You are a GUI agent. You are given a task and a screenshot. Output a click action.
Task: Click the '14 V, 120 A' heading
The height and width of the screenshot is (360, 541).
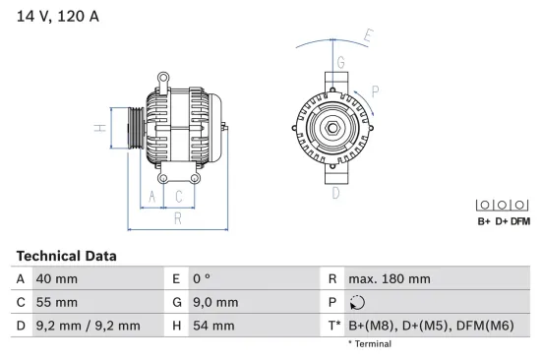coord(58,16)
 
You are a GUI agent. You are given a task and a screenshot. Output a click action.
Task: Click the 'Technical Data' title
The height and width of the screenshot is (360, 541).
coord(66,256)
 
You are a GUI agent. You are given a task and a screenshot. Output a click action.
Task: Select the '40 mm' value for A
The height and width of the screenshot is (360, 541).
coord(57,279)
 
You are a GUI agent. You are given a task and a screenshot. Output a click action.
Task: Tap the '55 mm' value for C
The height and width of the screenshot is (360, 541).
coord(57,302)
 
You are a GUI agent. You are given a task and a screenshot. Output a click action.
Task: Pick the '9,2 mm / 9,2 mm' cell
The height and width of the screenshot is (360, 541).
coord(88,326)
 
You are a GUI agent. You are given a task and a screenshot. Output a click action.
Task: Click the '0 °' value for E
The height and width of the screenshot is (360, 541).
coord(202,279)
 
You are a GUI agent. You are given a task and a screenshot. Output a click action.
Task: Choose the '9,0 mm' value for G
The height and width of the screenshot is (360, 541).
coord(215,302)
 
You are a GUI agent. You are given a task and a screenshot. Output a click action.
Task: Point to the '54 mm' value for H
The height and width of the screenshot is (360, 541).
coord(213,326)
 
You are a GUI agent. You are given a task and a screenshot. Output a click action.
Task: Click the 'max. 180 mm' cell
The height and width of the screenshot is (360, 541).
coord(390,279)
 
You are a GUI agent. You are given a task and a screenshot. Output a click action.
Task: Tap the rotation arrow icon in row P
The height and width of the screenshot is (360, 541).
coord(357,303)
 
